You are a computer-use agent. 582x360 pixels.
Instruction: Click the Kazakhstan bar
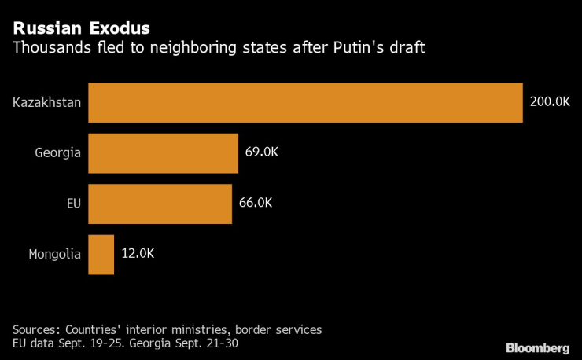[x=305, y=102]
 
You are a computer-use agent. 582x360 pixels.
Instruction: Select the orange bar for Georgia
[x=163, y=152]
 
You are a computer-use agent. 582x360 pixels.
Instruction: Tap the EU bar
[x=160, y=203]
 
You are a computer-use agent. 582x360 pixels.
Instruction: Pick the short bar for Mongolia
[x=101, y=254]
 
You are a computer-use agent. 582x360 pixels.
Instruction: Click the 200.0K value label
[x=550, y=102]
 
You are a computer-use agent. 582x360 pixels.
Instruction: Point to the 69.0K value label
[x=261, y=152]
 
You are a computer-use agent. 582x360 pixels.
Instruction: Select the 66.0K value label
[x=256, y=203]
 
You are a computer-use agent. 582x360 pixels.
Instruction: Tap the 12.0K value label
[x=138, y=254]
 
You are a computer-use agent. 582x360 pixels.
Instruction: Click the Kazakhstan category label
[x=47, y=102]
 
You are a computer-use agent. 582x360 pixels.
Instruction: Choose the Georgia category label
[x=58, y=152]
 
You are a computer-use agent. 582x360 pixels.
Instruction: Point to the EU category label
[x=72, y=203]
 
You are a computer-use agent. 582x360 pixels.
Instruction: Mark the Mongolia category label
[x=55, y=254]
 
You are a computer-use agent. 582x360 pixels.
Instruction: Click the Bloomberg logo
[x=537, y=347]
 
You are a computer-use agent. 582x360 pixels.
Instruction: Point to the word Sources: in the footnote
[x=35, y=329]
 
